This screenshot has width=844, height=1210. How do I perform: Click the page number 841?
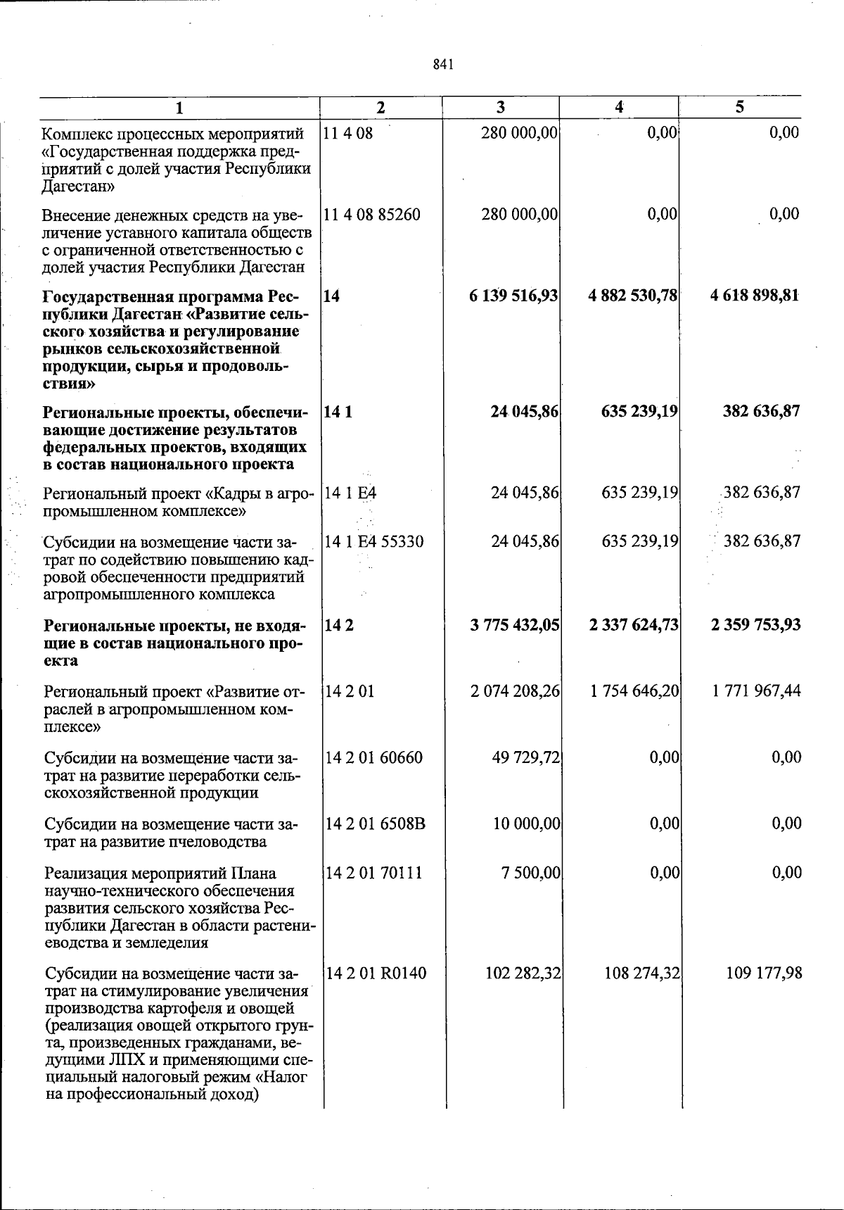click(x=442, y=65)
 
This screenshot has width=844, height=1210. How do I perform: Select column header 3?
click(x=500, y=108)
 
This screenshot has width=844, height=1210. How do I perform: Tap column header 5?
click(x=739, y=108)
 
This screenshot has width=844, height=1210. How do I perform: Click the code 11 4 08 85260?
click(x=372, y=214)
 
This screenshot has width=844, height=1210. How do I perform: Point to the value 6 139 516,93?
click(x=513, y=296)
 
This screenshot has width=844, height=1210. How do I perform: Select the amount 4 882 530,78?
click(x=633, y=296)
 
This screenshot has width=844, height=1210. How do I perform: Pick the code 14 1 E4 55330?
click(x=374, y=541)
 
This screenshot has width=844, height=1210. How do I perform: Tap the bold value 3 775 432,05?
click(x=515, y=625)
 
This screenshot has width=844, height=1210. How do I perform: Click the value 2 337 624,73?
click(x=634, y=625)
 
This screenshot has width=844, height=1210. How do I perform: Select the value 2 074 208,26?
click(x=515, y=691)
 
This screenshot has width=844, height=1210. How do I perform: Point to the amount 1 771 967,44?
click(x=756, y=691)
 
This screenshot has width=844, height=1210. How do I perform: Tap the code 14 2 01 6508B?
click(x=376, y=824)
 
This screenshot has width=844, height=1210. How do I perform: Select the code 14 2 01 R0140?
click(x=376, y=973)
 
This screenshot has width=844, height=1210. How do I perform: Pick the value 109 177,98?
click(x=763, y=973)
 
